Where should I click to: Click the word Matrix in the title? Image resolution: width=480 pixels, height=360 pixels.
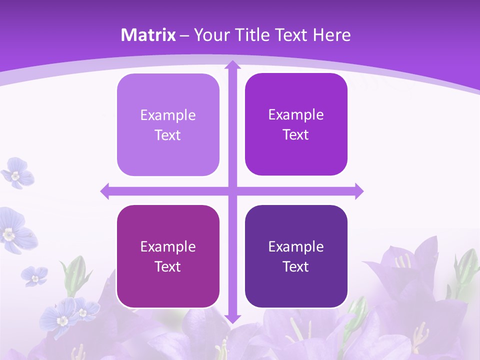coord(148,35)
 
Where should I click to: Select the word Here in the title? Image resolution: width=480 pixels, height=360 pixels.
coord(331,35)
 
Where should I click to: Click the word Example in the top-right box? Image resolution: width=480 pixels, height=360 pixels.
coord(296,115)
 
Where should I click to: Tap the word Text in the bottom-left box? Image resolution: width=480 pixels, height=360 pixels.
coord(167,266)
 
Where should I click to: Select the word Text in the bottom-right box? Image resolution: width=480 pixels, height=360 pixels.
coord(295,266)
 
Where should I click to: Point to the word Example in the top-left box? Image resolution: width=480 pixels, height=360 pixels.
coord(168,115)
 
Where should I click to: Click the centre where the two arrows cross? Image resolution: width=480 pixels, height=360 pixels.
coord(232,191)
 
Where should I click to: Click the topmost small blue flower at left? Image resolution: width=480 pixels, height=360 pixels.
coord(17,173)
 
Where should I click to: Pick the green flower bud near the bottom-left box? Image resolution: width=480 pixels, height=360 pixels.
coord(75,270)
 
